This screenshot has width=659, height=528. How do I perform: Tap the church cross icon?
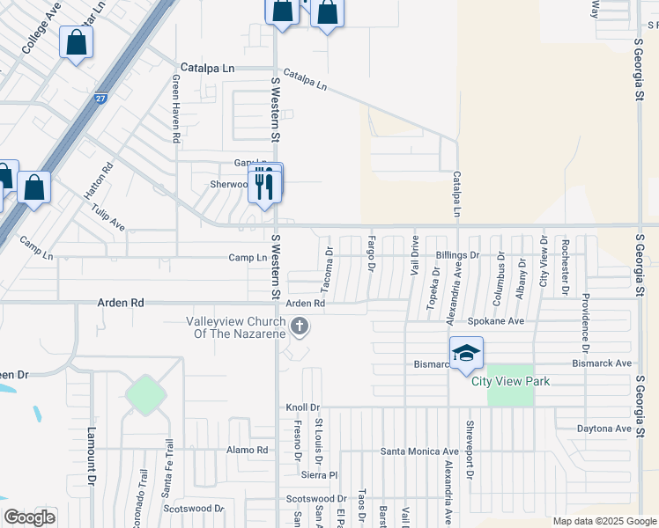[x=300, y=328]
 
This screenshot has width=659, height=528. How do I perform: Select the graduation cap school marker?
[x=466, y=354]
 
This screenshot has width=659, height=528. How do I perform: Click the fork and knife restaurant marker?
[x=264, y=184]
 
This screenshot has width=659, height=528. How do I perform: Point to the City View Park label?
[x=510, y=381]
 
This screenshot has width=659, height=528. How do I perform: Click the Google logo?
[x=29, y=517]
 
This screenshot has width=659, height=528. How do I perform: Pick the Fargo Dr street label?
[x=372, y=253]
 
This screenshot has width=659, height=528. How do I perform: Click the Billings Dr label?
[x=456, y=255]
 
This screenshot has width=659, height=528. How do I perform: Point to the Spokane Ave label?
[x=495, y=321]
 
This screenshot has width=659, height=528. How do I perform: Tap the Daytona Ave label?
[x=604, y=429]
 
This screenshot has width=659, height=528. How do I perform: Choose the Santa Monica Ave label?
[x=419, y=451]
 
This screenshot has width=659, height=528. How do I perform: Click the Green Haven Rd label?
[x=176, y=109]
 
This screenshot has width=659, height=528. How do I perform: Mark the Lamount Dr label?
[x=91, y=456]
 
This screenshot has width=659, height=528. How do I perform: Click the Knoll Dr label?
[x=301, y=407]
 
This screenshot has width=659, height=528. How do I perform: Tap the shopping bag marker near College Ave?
[x=77, y=42]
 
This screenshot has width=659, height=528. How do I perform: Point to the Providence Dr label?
[x=584, y=316]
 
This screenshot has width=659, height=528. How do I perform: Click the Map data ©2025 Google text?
[x=604, y=521]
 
